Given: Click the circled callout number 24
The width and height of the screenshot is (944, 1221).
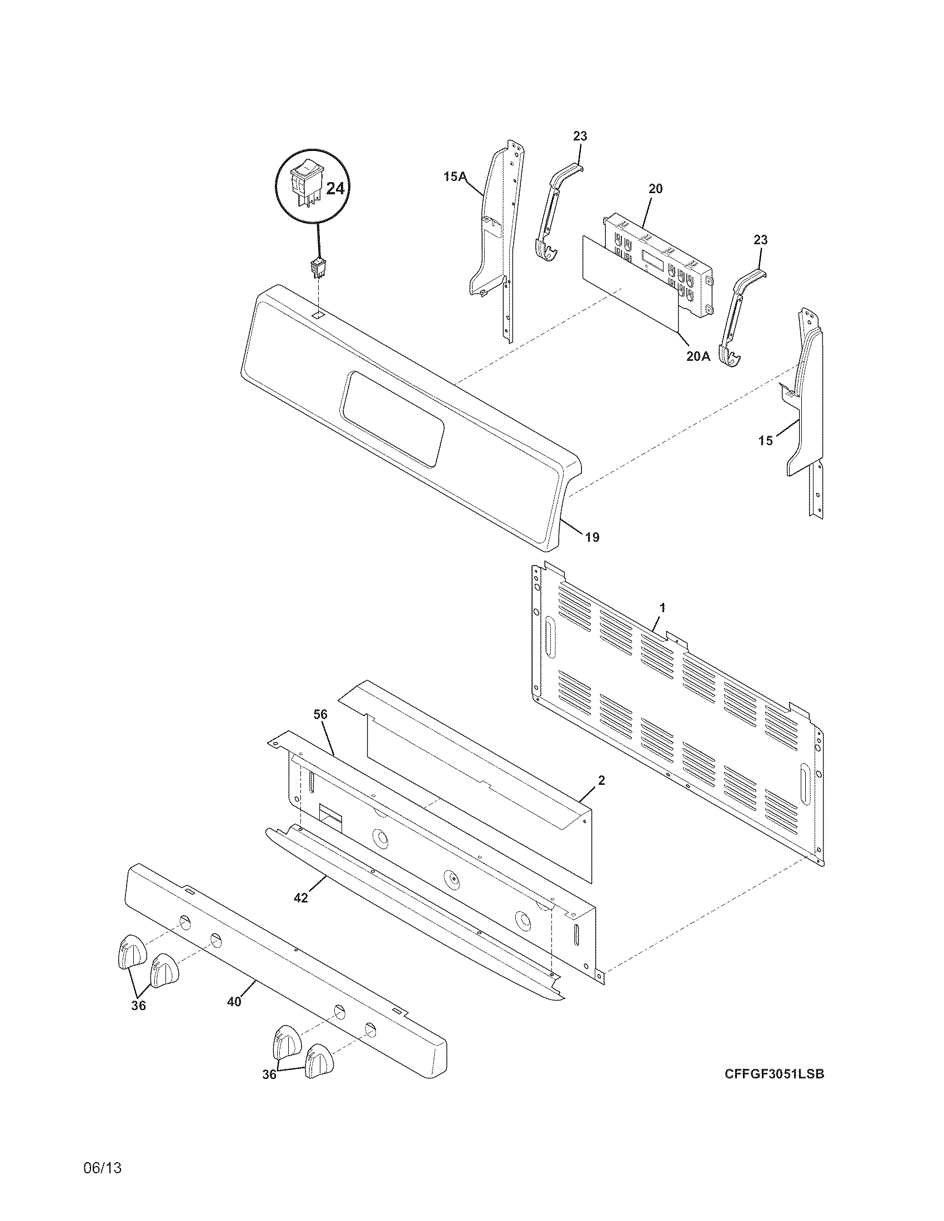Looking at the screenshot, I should tap(335, 188).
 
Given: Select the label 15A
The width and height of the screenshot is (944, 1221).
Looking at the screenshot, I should tap(454, 177).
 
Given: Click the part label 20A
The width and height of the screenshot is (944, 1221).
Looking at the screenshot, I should tap(698, 356).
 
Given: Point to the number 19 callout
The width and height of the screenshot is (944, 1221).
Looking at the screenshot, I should tap(592, 537).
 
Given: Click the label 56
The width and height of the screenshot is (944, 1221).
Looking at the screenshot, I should tap(320, 714).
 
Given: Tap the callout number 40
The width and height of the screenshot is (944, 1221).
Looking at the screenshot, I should tap(234, 1002).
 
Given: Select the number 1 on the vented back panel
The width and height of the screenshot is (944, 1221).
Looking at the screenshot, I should tap(662, 607).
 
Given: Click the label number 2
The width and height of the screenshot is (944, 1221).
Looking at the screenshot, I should tap(601, 780).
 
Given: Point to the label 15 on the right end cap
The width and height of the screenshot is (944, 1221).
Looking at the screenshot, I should tap(766, 441).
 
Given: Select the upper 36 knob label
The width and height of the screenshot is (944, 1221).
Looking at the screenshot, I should tap(138, 1006).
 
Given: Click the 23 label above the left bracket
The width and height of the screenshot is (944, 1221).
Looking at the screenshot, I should tap(580, 136).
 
